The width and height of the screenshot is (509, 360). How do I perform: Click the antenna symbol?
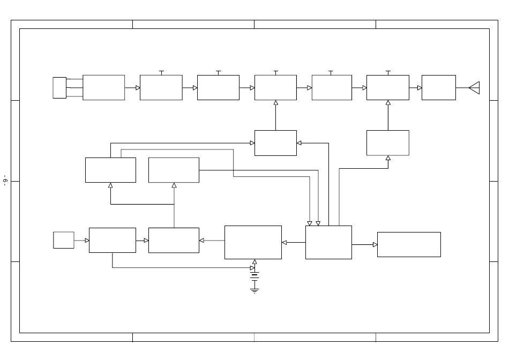(474, 87)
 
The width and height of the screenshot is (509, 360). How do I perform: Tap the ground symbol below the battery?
(254, 290)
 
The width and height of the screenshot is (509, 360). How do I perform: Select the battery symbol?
(254, 275)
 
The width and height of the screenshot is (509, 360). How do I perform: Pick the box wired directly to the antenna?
(438, 87)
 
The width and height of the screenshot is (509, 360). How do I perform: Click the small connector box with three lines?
(59, 87)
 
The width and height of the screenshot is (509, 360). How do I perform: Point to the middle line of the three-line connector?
(74, 87)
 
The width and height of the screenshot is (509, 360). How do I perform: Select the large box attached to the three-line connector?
(103, 87)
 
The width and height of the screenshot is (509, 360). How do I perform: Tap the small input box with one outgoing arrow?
(63, 240)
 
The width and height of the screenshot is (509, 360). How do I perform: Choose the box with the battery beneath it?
(253, 242)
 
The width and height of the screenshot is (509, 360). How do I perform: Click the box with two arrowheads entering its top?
(328, 242)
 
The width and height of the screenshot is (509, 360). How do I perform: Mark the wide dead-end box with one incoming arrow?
(409, 244)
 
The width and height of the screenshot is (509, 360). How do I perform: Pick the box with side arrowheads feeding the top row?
(275, 143)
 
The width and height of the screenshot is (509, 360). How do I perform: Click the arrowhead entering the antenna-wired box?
(420, 87)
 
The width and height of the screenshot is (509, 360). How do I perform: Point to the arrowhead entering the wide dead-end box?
(375, 245)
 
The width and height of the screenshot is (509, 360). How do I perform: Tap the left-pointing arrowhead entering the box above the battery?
(284, 242)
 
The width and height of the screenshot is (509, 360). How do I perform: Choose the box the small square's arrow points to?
(112, 240)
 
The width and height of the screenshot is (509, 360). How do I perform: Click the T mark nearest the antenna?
(388, 72)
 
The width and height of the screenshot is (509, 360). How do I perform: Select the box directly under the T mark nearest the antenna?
(387, 87)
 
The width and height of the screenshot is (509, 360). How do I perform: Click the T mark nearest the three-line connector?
(161, 72)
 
